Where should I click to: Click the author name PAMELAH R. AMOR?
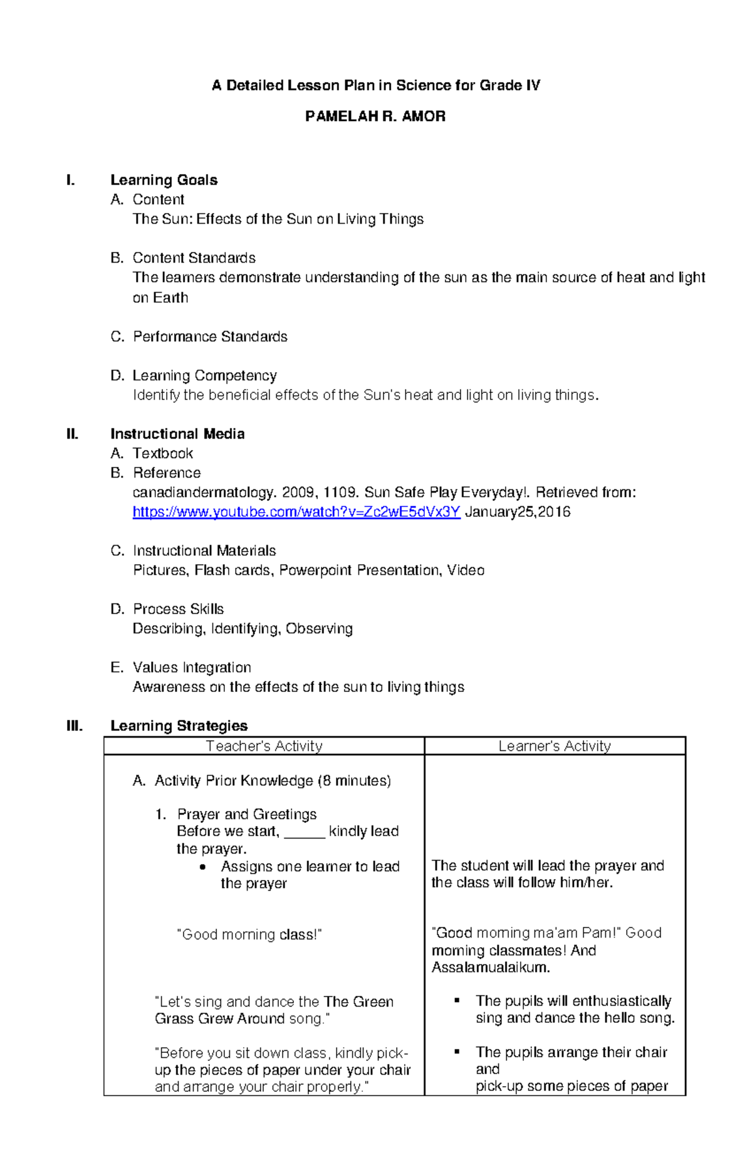point(375,117)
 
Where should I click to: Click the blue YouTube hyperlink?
point(296,512)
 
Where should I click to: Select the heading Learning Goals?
point(164,180)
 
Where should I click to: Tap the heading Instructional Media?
point(177,434)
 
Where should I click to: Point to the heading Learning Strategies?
point(179,726)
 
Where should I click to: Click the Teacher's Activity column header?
point(264,746)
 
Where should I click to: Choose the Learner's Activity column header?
point(555,746)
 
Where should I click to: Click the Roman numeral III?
point(75,726)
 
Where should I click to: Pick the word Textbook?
point(163,453)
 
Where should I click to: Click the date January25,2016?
point(518,512)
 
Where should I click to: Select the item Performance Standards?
point(210,337)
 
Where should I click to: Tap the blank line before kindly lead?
point(304,832)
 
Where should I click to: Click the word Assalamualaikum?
point(490,967)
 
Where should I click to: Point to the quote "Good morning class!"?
point(249,934)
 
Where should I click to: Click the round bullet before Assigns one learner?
point(202,867)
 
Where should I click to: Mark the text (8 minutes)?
point(354,780)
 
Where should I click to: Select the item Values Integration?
point(192,667)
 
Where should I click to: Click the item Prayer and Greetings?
point(246,814)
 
